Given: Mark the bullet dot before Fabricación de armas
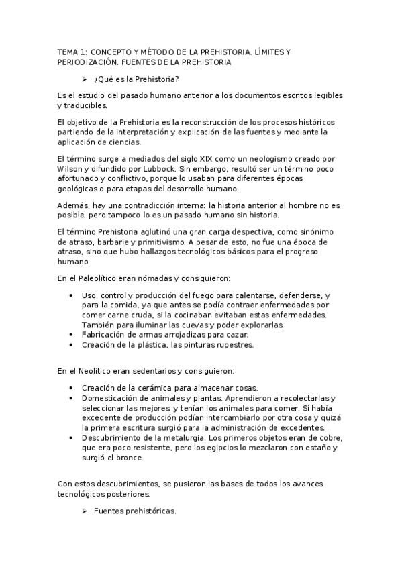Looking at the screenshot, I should point(72,335).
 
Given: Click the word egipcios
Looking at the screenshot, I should point(218,447).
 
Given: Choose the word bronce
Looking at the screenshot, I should point(128,458).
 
